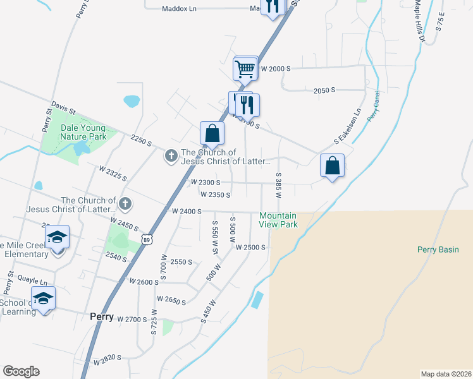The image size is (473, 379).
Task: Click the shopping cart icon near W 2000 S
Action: coord(245,68)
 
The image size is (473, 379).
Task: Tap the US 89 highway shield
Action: coord(147,239)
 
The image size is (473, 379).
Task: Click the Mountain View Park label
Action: coord(278,220)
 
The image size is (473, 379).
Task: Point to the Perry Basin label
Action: coord(438,250)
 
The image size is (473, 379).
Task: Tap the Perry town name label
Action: coord(101,317)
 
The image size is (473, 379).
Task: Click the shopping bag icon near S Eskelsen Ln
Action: coord(332,166)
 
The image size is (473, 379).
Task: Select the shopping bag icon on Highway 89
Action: coord(212,134)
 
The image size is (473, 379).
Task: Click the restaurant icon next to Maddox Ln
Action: coord(272,6)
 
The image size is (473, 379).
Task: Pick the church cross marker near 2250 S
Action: coord(171,155)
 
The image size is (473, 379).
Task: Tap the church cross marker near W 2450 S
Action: coord(125,203)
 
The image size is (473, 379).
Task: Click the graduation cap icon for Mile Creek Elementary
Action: coord(58,237)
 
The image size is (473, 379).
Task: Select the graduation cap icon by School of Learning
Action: coord(43,298)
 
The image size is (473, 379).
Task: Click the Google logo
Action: coord(21,371)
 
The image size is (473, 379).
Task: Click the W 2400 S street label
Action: coord(187,212)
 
